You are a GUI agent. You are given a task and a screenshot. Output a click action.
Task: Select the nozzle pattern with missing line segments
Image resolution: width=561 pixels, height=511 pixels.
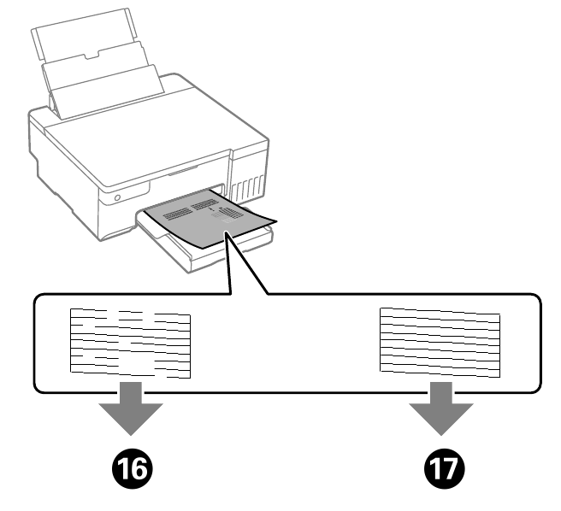[x=129, y=343]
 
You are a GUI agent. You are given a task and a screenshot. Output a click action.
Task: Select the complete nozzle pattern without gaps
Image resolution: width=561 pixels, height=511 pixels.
[x=439, y=341]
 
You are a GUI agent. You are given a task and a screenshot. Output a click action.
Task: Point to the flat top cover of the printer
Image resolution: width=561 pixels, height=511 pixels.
[x=145, y=128]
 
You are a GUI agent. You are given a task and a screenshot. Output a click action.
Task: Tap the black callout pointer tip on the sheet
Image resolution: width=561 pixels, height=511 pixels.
[x=229, y=241]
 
